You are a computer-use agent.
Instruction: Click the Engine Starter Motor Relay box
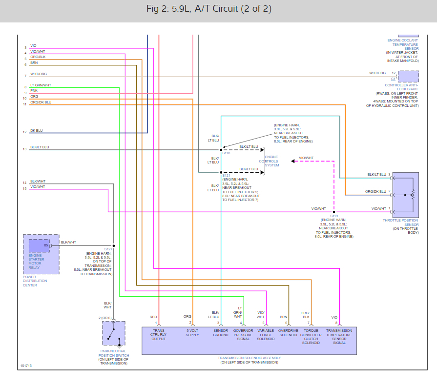point(39,248)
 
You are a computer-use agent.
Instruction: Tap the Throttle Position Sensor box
point(405,195)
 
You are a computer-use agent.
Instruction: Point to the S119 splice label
point(334,216)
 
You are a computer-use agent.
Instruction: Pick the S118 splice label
point(226,153)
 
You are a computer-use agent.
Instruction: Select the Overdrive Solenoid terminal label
point(288,332)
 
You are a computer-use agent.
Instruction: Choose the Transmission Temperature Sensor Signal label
point(339,336)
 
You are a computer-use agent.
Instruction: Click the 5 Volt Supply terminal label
point(191,332)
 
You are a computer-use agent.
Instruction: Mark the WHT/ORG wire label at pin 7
point(39,74)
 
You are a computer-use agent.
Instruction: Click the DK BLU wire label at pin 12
point(37,131)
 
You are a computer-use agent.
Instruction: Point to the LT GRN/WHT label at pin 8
point(41,85)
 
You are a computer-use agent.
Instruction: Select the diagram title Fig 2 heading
point(209,9)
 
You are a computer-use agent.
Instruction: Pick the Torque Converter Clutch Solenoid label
point(311,336)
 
